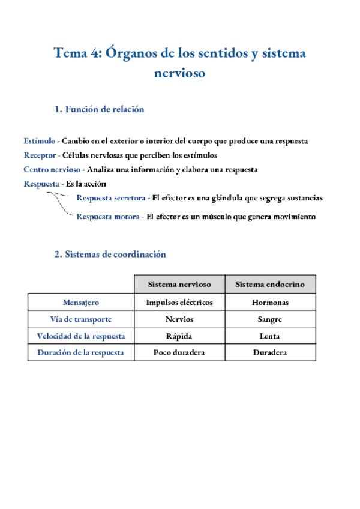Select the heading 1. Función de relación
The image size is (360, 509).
(99, 109)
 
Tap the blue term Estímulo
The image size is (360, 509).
(40, 141)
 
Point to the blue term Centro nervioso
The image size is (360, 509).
(51, 170)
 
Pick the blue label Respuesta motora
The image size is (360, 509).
(108, 217)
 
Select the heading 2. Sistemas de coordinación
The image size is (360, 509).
(110, 254)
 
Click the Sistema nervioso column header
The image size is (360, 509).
(179, 284)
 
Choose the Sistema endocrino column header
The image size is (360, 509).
(270, 284)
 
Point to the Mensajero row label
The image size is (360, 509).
(81, 303)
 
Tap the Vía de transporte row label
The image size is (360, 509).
(81, 319)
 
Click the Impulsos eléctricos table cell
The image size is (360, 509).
(179, 303)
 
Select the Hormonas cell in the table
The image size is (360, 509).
(270, 303)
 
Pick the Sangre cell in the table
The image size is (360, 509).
(270, 319)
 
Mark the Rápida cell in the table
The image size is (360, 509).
(179, 336)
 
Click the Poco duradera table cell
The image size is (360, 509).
(179, 352)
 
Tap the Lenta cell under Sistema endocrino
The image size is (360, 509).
(270, 336)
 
